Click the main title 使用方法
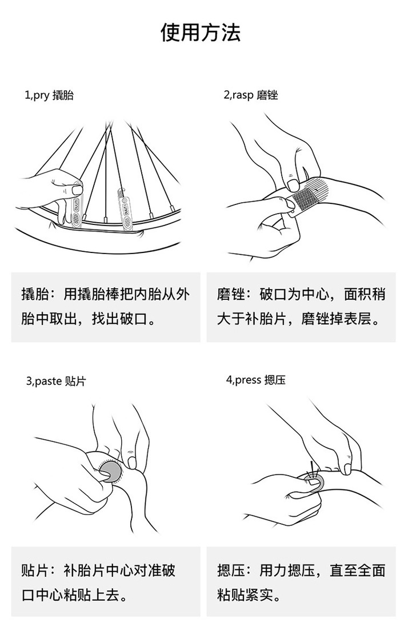(x=201, y=33)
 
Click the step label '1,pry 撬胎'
(x=49, y=95)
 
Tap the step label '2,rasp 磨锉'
(x=251, y=95)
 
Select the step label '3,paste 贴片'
(x=56, y=381)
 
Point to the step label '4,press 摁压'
(x=255, y=380)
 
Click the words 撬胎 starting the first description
(x=35, y=295)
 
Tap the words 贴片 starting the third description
(x=35, y=570)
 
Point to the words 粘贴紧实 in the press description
(x=245, y=595)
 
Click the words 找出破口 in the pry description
(x=119, y=319)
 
